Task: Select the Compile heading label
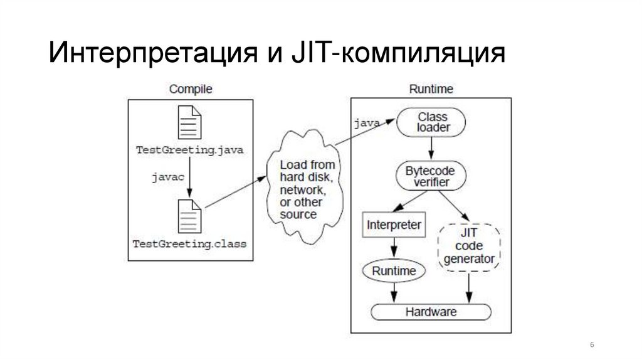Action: (x=191, y=89)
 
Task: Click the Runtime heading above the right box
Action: (x=431, y=89)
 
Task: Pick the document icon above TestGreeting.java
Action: (x=190, y=122)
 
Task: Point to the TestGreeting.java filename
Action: (x=190, y=151)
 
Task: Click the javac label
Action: (x=168, y=177)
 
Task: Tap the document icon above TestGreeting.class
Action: (x=190, y=216)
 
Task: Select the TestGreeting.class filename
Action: (x=190, y=243)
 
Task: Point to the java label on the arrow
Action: (x=367, y=123)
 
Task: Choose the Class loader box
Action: (x=433, y=122)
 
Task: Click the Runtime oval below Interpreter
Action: (x=394, y=271)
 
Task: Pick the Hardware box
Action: (x=431, y=312)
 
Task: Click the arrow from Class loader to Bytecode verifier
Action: (x=431, y=149)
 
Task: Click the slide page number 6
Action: (x=592, y=346)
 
